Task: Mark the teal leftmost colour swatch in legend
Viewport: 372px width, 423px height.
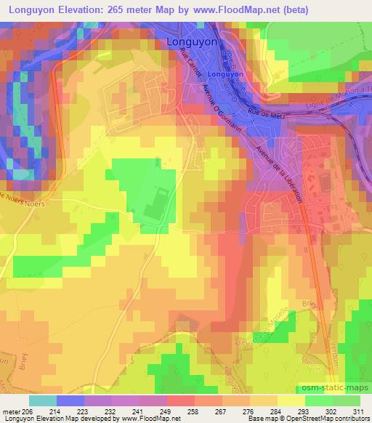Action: click(43, 400)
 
